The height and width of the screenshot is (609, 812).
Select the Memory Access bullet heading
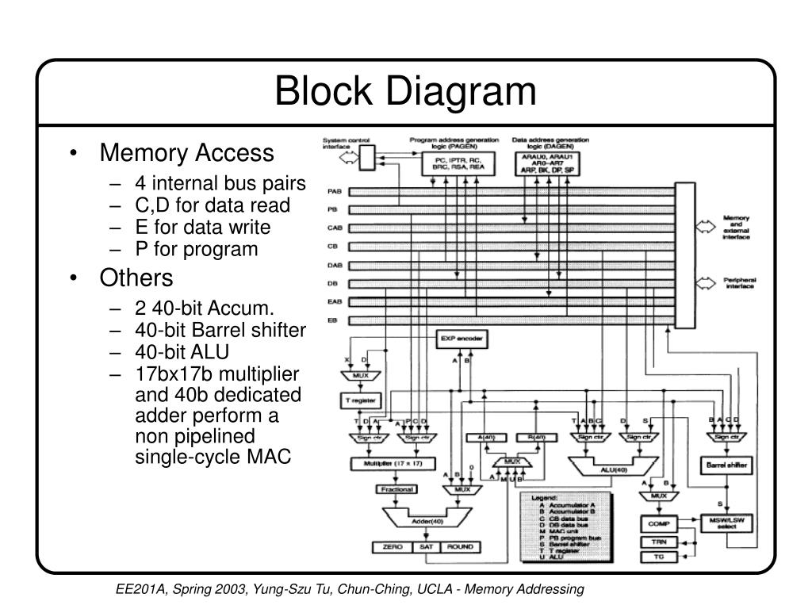click(186, 152)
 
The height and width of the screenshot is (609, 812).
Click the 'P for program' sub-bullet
click(196, 249)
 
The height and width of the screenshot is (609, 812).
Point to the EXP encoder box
click(461, 339)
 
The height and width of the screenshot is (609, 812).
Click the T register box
click(361, 400)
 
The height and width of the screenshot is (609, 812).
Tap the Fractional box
click(396, 489)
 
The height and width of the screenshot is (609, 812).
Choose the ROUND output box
click(460, 547)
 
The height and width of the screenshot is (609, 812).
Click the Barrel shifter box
click(725, 465)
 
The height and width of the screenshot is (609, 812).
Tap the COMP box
click(657, 523)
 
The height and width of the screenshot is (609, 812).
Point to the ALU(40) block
click(614, 469)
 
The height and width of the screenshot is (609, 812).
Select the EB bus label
click(332, 320)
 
